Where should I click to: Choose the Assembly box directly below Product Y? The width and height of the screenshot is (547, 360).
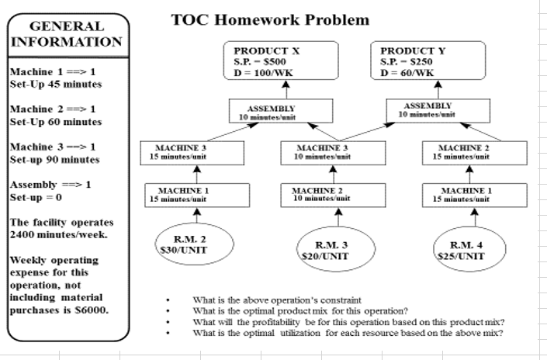coord(435,109)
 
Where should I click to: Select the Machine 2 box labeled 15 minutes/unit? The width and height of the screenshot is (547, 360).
coord(473,151)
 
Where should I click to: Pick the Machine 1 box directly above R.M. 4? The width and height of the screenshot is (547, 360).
coord(473,194)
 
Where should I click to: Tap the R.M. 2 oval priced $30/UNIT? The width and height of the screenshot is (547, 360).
coord(191,243)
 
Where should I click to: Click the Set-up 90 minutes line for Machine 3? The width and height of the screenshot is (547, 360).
coord(54,160)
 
